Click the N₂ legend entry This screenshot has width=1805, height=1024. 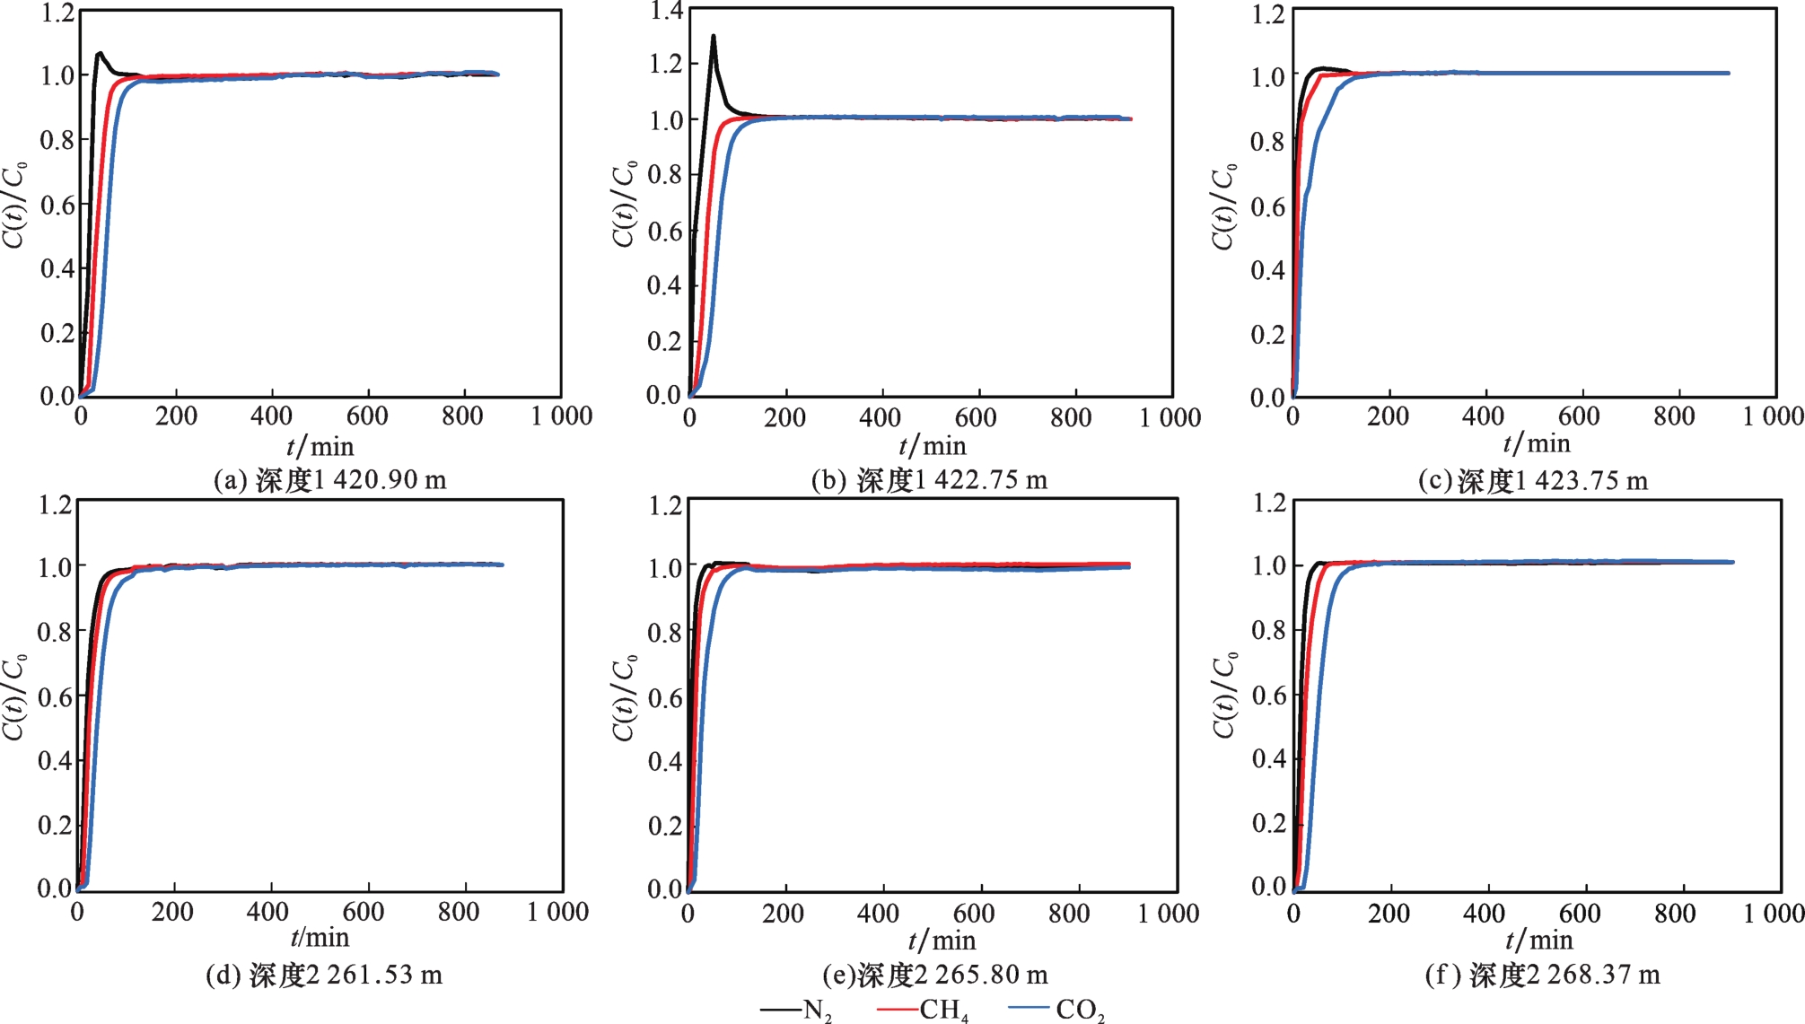[797, 1011]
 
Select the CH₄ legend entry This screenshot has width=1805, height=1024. [923, 1011]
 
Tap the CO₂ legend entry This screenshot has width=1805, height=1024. [1056, 1011]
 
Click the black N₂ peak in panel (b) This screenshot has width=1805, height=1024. [714, 37]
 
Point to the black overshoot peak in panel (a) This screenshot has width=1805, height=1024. [99, 54]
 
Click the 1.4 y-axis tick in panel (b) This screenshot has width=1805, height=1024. [666, 11]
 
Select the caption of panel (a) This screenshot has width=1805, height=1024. [329, 480]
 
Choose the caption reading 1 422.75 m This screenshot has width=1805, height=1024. [929, 480]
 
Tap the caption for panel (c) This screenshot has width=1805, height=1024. [1533, 481]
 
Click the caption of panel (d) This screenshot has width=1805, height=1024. [324, 975]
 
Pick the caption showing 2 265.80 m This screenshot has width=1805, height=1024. [935, 975]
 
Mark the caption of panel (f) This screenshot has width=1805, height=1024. [1542, 975]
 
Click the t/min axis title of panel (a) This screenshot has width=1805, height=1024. [320, 446]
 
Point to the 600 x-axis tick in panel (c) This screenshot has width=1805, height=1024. [1579, 416]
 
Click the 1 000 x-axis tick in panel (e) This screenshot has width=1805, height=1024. [1169, 914]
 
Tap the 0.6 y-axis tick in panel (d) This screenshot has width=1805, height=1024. [55, 696]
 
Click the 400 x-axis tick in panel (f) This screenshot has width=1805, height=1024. [1484, 914]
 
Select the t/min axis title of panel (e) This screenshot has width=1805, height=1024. [942, 941]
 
